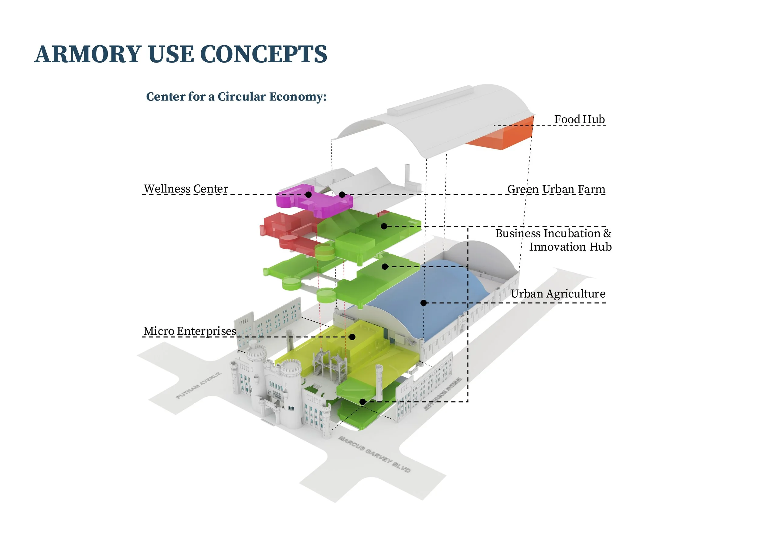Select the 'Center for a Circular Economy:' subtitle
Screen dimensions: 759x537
[236, 97]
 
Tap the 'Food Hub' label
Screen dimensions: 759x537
[579, 119]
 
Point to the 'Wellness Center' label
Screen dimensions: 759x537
[186, 189]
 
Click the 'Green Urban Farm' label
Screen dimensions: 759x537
[556, 189]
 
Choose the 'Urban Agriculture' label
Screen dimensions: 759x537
[558, 294]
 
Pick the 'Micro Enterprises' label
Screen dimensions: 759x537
[189, 331]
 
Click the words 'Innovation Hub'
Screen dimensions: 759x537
[570, 247]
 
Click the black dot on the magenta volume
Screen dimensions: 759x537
[308, 194]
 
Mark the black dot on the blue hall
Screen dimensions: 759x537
[424, 303]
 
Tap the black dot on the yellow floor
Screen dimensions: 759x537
[352, 337]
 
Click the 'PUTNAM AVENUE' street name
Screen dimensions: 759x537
[198, 385]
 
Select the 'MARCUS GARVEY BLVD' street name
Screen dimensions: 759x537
[375, 454]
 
